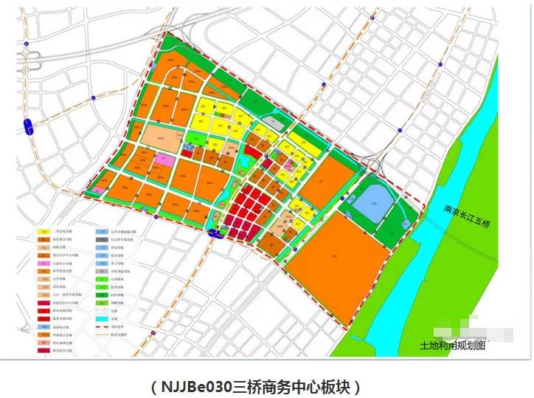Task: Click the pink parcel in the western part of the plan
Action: (x=164, y=159)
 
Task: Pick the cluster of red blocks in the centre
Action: (x=247, y=210)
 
